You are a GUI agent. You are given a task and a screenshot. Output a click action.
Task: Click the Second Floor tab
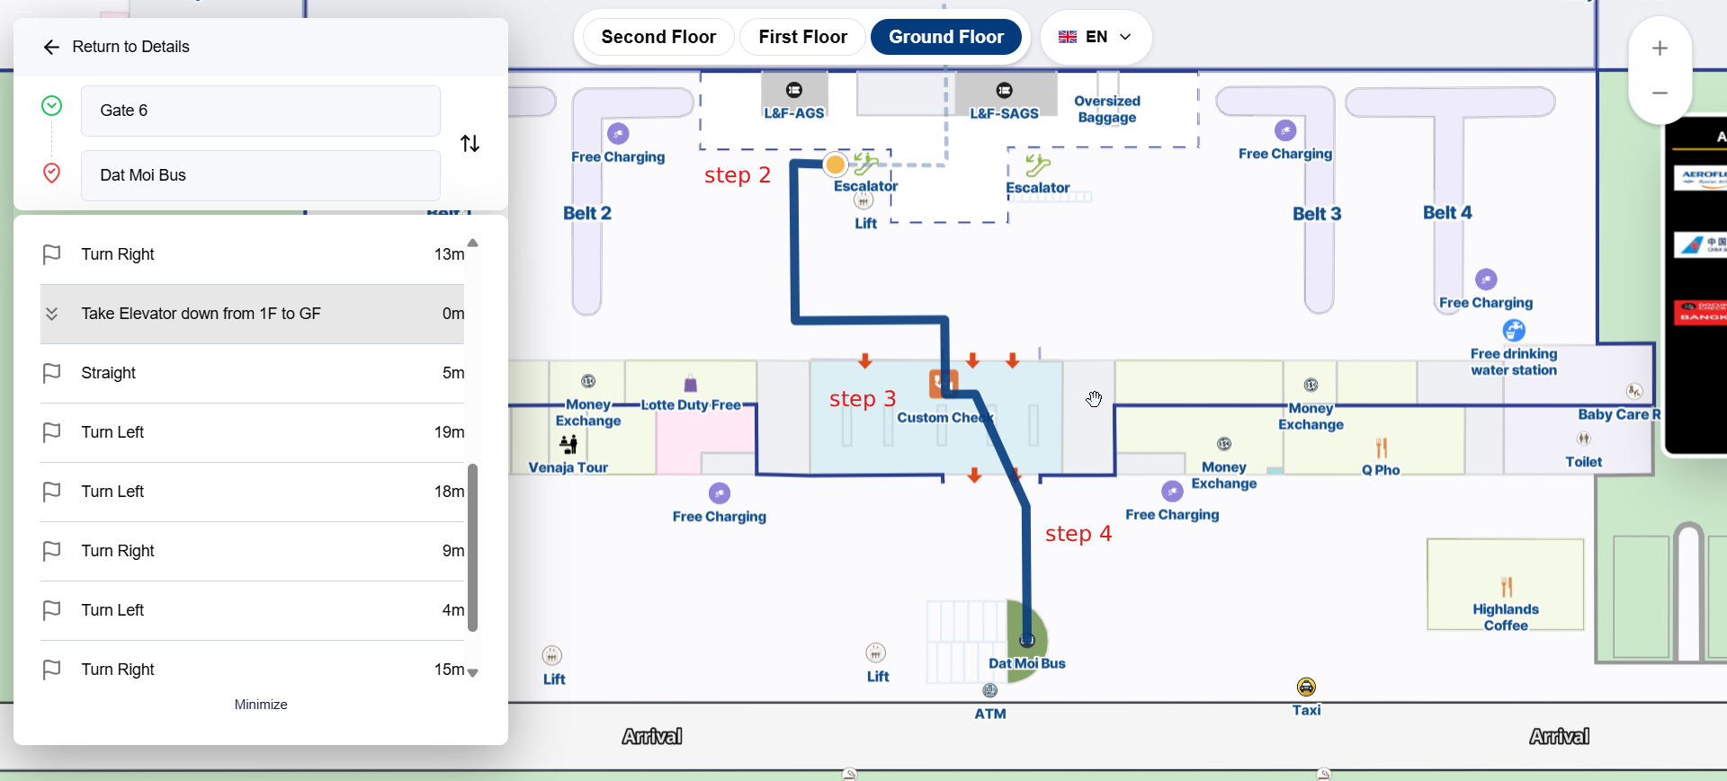pyautogui.click(x=658, y=37)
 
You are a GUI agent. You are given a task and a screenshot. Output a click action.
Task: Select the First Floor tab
pyautogui.click(x=802, y=37)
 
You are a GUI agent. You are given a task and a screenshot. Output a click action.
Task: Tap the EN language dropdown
pyautogui.click(x=1095, y=37)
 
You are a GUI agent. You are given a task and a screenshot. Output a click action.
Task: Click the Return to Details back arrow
pyautogui.click(x=51, y=47)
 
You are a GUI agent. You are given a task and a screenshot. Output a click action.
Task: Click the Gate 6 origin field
pyautogui.click(x=260, y=111)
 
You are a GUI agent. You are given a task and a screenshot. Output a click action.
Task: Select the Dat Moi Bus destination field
pyautogui.click(x=260, y=175)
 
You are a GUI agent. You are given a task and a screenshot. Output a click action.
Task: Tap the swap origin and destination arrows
pyautogui.click(x=470, y=144)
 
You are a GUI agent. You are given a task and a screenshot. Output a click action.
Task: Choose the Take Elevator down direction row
pyautogui.click(x=252, y=314)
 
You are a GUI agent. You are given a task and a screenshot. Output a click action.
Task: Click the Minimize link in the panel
pyautogui.click(x=261, y=705)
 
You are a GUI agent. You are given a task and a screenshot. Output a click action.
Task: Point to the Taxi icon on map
pyautogui.click(x=1306, y=688)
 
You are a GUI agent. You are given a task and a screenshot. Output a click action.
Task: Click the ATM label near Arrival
pyautogui.click(x=990, y=714)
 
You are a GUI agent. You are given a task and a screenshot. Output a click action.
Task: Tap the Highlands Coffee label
pyautogui.click(x=1505, y=617)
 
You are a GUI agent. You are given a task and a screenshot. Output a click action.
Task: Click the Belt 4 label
pyautogui.click(x=1446, y=213)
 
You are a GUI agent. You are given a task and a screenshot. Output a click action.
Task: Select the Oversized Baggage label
pyautogui.click(x=1106, y=109)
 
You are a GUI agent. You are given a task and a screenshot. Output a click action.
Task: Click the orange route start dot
pyautogui.click(x=836, y=164)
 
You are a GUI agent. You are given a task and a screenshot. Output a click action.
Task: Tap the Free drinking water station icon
pyautogui.click(x=1514, y=330)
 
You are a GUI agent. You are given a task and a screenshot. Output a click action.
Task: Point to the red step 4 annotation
pyautogui.click(x=1078, y=534)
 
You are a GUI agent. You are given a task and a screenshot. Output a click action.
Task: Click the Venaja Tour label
pyautogui.click(x=568, y=467)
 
